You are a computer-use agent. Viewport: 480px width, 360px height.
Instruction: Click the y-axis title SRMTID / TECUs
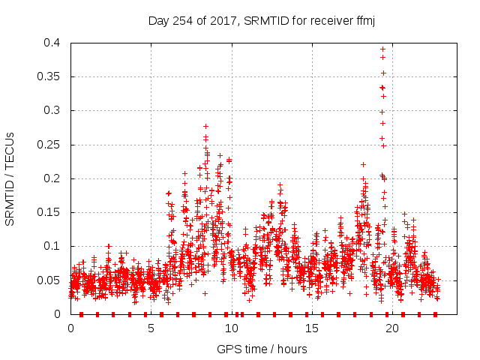10,178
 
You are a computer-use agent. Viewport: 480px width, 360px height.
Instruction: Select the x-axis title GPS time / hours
262,349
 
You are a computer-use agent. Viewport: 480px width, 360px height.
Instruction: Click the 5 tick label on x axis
151,328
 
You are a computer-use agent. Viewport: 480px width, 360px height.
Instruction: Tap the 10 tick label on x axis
231,328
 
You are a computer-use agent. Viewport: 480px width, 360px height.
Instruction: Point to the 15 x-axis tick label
311,328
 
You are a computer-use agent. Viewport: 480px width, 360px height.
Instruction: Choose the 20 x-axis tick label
391,328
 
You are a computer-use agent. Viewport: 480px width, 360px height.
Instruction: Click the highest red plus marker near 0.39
382,49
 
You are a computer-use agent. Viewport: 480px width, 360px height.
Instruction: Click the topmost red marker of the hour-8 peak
205,126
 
